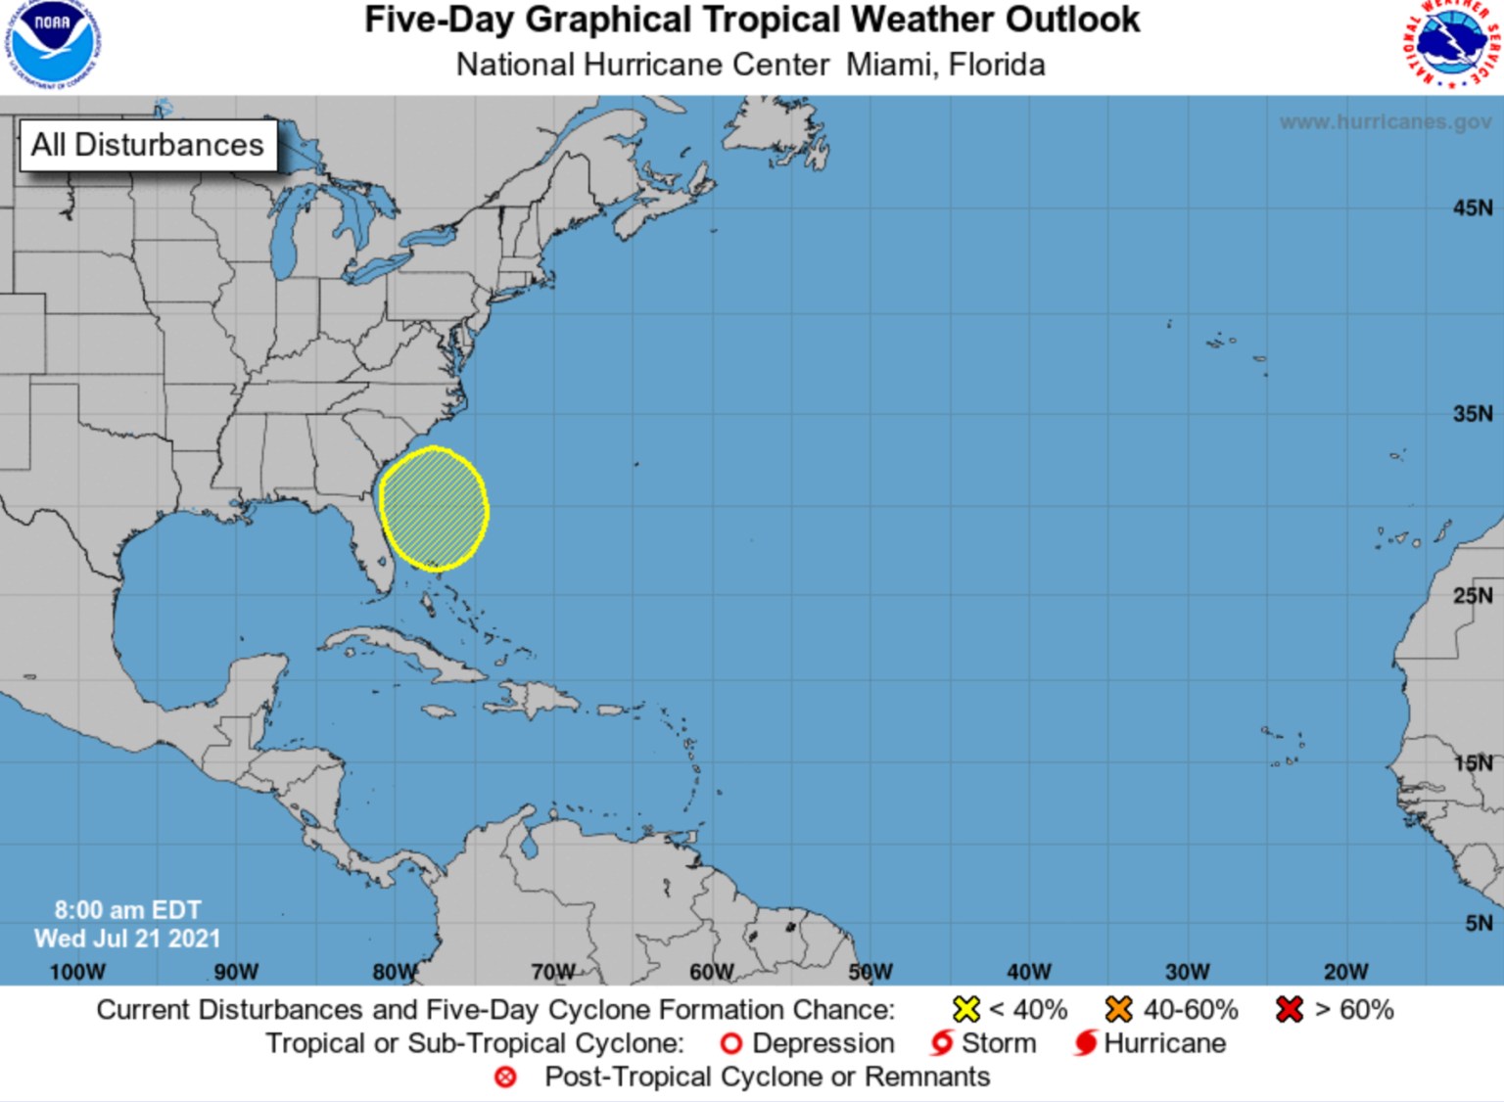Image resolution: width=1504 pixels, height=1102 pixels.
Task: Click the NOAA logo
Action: [54, 43]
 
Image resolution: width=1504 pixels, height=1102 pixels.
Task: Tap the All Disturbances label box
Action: [148, 145]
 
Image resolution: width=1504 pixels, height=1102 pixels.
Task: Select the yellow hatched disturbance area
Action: [434, 509]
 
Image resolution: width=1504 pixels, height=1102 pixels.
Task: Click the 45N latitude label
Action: [1473, 207]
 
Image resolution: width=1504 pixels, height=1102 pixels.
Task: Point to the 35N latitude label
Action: [1473, 413]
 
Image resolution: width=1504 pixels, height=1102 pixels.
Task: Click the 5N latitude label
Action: [1479, 923]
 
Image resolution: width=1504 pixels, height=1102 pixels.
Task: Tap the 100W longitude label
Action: [76, 972]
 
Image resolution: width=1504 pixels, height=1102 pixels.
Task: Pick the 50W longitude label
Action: [869, 972]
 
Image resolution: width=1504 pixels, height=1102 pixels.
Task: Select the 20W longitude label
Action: [1345, 972]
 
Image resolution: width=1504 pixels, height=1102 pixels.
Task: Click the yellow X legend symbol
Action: [966, 1009]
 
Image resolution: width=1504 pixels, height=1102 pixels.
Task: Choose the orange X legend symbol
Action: [1118, 1009]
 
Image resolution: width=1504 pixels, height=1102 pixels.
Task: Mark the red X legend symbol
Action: [1290, 1009]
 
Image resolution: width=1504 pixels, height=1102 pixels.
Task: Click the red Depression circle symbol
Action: [730, 1044]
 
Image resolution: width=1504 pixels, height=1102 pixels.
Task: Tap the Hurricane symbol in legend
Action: [1085, 1043]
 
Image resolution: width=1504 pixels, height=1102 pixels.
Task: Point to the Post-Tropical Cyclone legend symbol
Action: [505, 1078]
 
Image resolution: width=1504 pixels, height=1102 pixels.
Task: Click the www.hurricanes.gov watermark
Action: [1385, 122]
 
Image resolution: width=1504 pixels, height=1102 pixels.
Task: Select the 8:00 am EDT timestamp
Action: [127, 910]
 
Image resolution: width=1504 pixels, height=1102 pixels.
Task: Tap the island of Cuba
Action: [411, 654]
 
